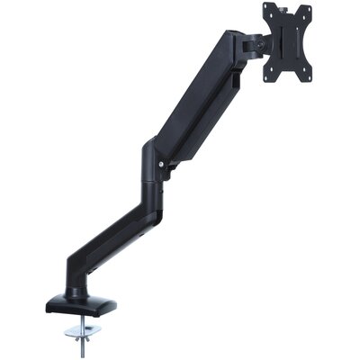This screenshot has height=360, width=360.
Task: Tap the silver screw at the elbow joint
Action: tap(162, 165)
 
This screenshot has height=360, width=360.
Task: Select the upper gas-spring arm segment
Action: tap(202, 99)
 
